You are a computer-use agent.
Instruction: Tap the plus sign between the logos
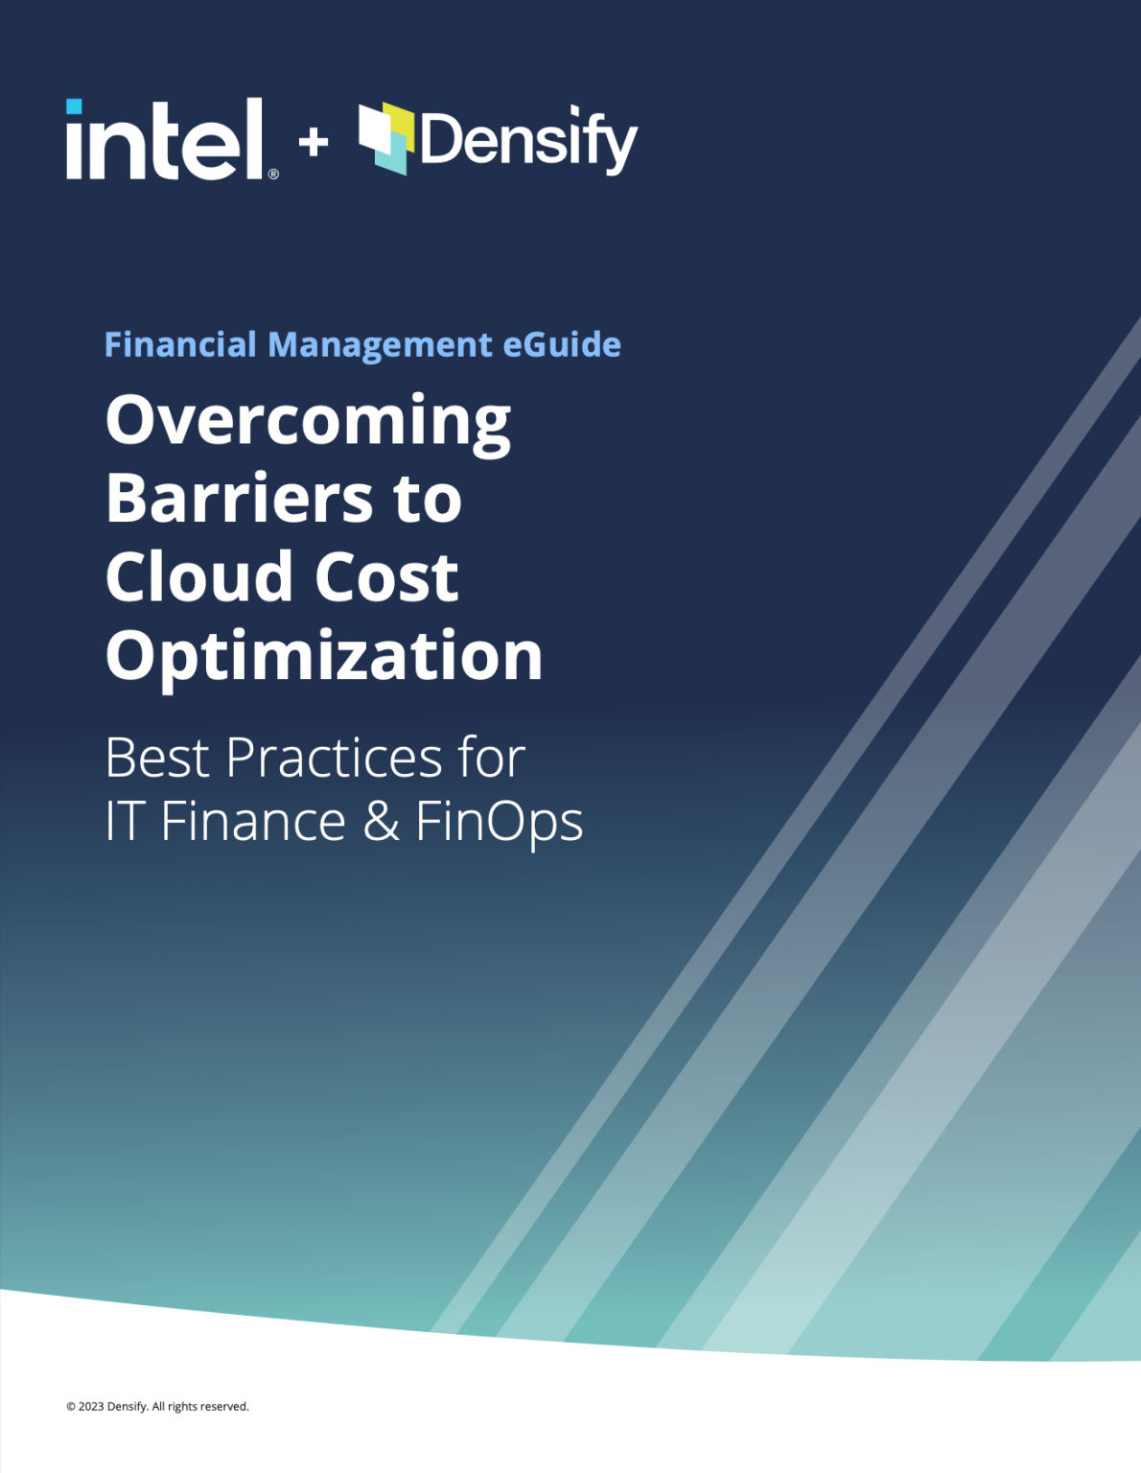pyautogui.click(x=313, y=143)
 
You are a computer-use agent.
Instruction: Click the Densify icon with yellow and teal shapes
pyautogui.click(x=386, y=138)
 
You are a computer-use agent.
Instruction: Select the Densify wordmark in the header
pyautogui.click(x=527, y=142)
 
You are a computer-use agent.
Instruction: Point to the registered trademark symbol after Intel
pyautogui.click(x=273, y=174)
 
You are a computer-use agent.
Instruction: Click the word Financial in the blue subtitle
pyautogui.click(x=180, y=344)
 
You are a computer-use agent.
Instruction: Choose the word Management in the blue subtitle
pyautogui.click(x=380, y=344)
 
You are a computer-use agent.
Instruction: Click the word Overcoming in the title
pyautogui.click(x=308, y=422)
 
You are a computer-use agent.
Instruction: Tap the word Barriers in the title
pyautogui.click(x=240, y=499)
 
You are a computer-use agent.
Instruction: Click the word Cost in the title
pyautogui.click(x=386, y=577)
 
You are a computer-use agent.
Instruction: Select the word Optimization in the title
pyautogui.click(x=324, y=657)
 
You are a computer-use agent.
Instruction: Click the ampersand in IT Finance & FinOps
pyautogui.click(x=381, y=822)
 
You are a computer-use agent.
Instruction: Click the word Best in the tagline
pyautogui.click(x=157, y=758)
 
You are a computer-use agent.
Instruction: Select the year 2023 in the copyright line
pyautogui.click(x=91, y=1407)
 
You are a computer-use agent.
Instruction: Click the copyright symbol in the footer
pyautogui.click(x=71, y=1407)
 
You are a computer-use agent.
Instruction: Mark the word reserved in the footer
pyautogui.click(x=224, y=1407)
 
